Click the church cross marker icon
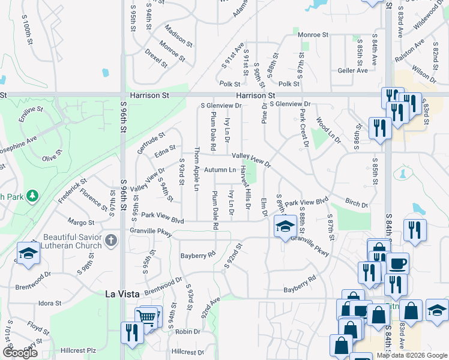click(110, 241)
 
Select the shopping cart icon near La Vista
click(148, 317)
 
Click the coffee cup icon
click(396, 263)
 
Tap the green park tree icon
click(32, 196)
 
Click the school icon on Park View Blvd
click(285, 226)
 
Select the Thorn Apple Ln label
click(196, 168)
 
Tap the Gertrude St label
click(151, 143)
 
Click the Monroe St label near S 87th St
click(313, 35)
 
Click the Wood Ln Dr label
click(328, 130)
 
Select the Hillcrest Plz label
click(79, 350)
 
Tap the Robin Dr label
click(188, 331)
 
